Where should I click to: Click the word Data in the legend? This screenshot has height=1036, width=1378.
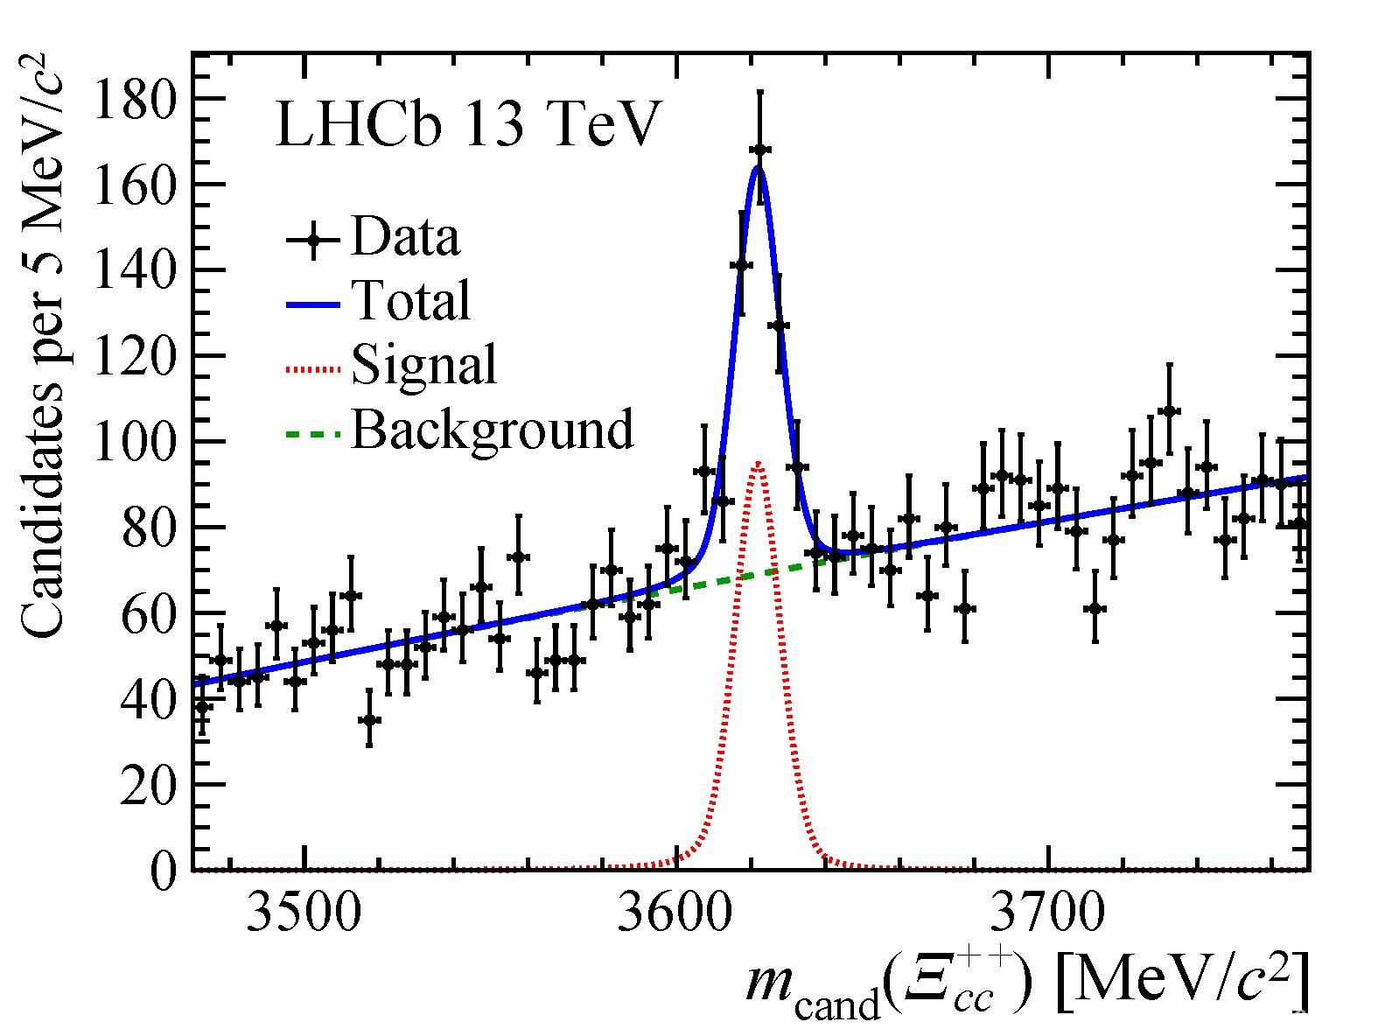[405, 237]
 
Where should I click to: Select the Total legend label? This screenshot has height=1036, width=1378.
[411, 300]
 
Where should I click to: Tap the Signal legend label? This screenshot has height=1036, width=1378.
[424, 364]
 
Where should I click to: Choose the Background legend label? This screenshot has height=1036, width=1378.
[493, 429]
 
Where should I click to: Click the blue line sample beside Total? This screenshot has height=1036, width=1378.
[312, 304]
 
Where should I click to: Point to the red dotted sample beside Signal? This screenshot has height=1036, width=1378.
[312, 368]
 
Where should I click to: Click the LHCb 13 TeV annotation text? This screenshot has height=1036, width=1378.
[465, 125]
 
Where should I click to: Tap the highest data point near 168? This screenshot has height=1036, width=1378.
[759, 150]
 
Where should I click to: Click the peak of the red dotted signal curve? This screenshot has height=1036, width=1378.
[758, 462]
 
